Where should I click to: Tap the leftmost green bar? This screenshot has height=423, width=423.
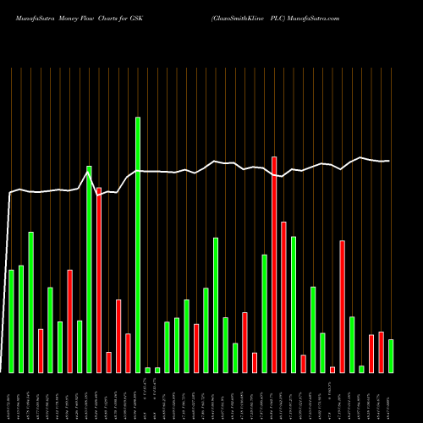11,321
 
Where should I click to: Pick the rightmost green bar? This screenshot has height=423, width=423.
391,355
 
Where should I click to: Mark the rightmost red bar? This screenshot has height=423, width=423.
381,352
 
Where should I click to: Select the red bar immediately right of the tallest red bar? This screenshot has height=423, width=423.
283,297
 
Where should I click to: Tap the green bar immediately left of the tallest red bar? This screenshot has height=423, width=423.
265,313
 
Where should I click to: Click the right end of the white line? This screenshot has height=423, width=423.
389,161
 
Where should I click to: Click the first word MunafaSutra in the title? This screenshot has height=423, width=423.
27,18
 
